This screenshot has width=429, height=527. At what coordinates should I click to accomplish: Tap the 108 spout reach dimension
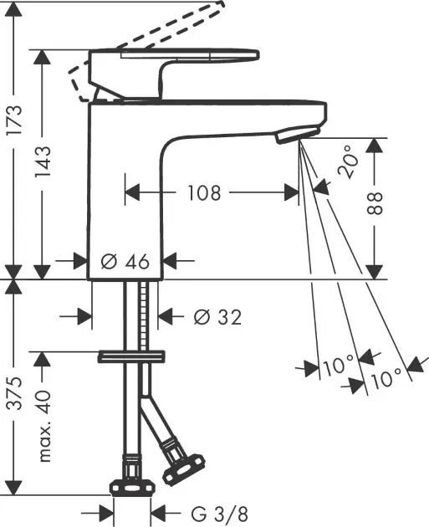[x=203, y=193]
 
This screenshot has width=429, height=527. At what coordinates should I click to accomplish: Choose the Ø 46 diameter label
[x=125, y=262]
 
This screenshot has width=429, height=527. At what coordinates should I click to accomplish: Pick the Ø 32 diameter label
[x=217, y=317]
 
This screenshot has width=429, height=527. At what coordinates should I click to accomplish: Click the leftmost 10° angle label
[x=339, y=366]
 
